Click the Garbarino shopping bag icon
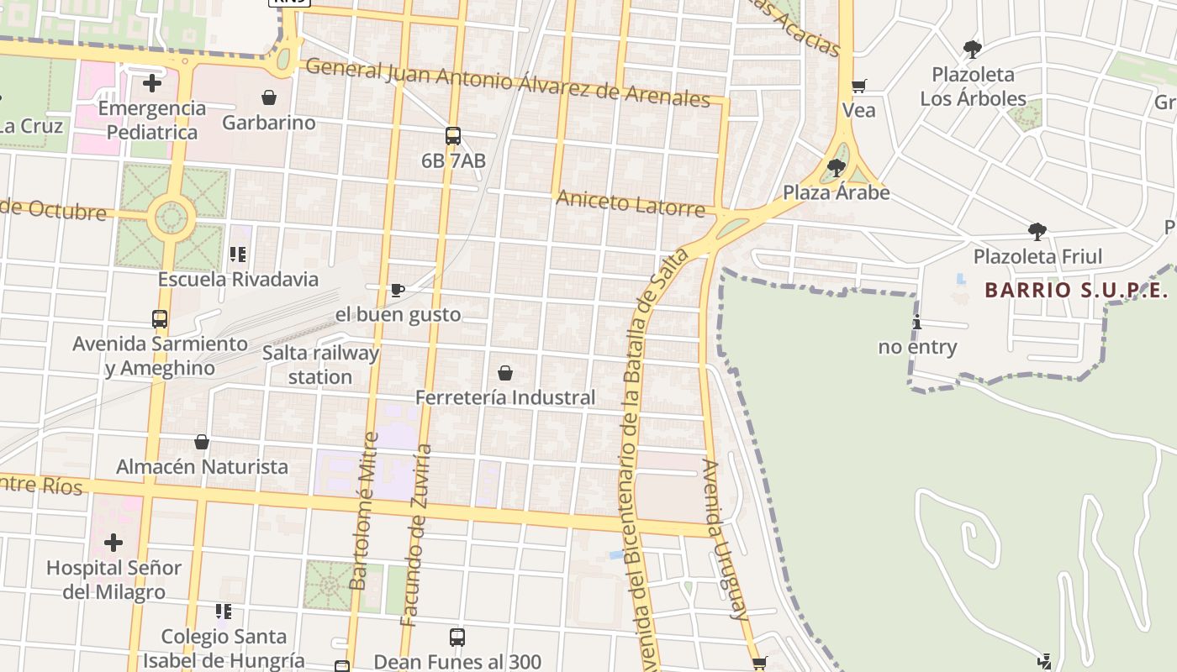[x=269, y=98]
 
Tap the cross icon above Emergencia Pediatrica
[x=152, y=83]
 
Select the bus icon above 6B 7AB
[x=453, y=136]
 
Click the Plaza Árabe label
[x=836, y=192]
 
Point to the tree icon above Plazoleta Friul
[x=1037, y=231]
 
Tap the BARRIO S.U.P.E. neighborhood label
[x=1076, y=291]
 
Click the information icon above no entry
[x=917, y=322]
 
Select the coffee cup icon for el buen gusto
[x=398, y=291]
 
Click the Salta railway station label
[x=320, y=365]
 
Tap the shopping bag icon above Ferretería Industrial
[x=505, y=373]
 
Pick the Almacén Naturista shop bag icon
[x=202, y=442]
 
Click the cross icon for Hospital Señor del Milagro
[x=113, y=543]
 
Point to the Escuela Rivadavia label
[x=239, y=279]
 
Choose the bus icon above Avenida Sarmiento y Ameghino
[x=160, y=319]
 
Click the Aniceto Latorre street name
[x=631, y=202]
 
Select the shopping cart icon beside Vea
[x=858, y=86]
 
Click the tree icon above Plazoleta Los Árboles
[x=973, y=49]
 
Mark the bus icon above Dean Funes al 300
[x=457, y=637]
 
